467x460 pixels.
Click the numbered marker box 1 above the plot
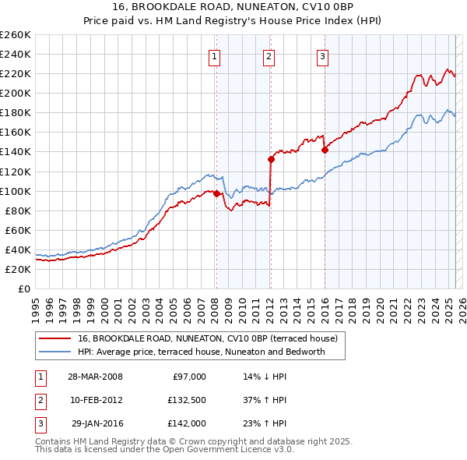point(213,55)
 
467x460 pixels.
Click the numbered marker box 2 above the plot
point(268,55)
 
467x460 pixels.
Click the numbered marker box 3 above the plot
point(322,55)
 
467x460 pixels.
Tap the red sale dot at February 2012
point(271,159)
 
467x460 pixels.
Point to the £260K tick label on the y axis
point(16,34)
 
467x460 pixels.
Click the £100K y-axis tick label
point(16,191)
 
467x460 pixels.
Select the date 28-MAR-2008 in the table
point(95,377)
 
